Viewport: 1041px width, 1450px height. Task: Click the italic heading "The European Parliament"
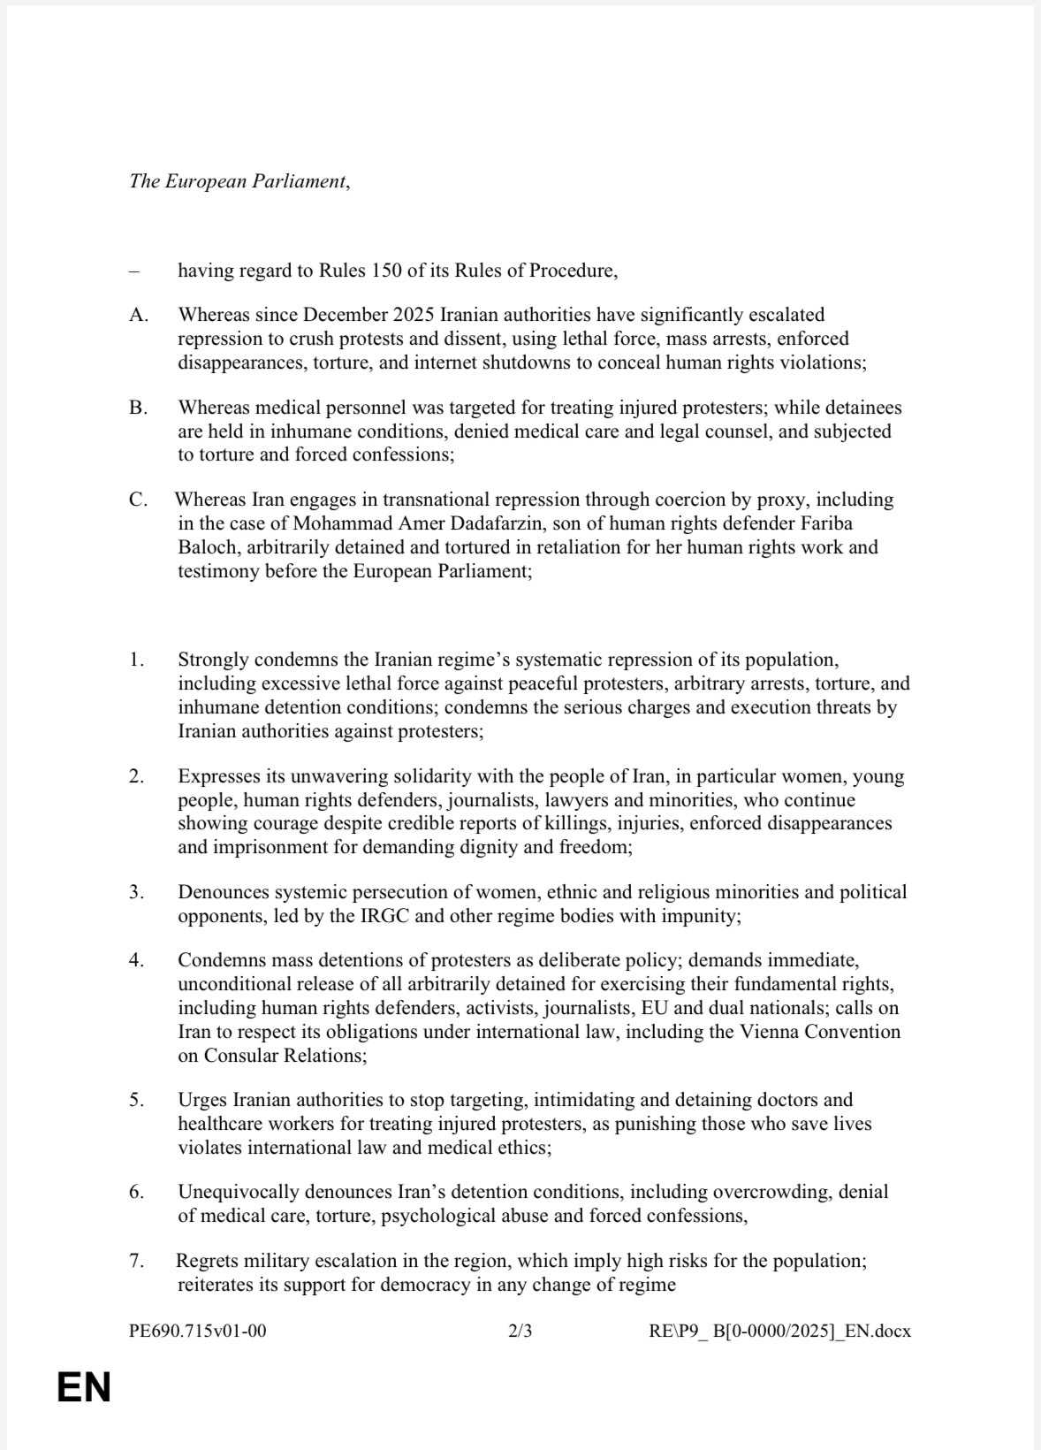click(239, 181)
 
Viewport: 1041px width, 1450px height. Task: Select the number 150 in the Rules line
click(387, 271)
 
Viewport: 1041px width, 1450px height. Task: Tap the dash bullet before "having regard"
click(133, 271)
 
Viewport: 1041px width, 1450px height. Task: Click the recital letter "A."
click(139, 315)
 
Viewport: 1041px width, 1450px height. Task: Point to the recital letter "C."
click(138, 500)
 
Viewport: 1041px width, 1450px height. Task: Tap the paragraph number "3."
click(136, 892)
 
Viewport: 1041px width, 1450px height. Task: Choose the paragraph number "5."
click(136, 1100)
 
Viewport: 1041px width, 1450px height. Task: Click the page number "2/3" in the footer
click(520, 1331)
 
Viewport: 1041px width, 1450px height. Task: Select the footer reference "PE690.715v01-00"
click(197, 1331)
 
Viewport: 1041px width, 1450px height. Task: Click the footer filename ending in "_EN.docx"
click(779, 1331)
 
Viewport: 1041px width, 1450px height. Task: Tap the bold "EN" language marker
click(84, 1387)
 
